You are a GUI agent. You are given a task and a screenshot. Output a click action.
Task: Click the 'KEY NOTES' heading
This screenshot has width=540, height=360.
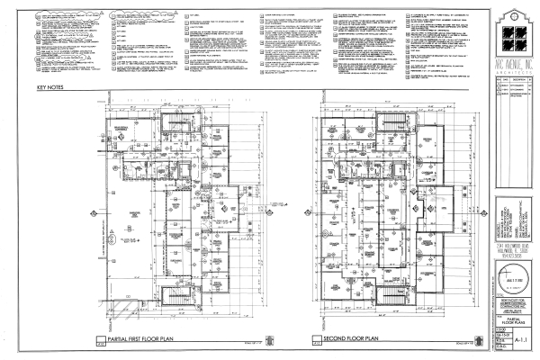[50, 89]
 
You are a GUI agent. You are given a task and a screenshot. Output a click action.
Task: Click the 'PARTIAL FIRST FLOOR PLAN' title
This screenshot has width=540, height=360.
[145, 341]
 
